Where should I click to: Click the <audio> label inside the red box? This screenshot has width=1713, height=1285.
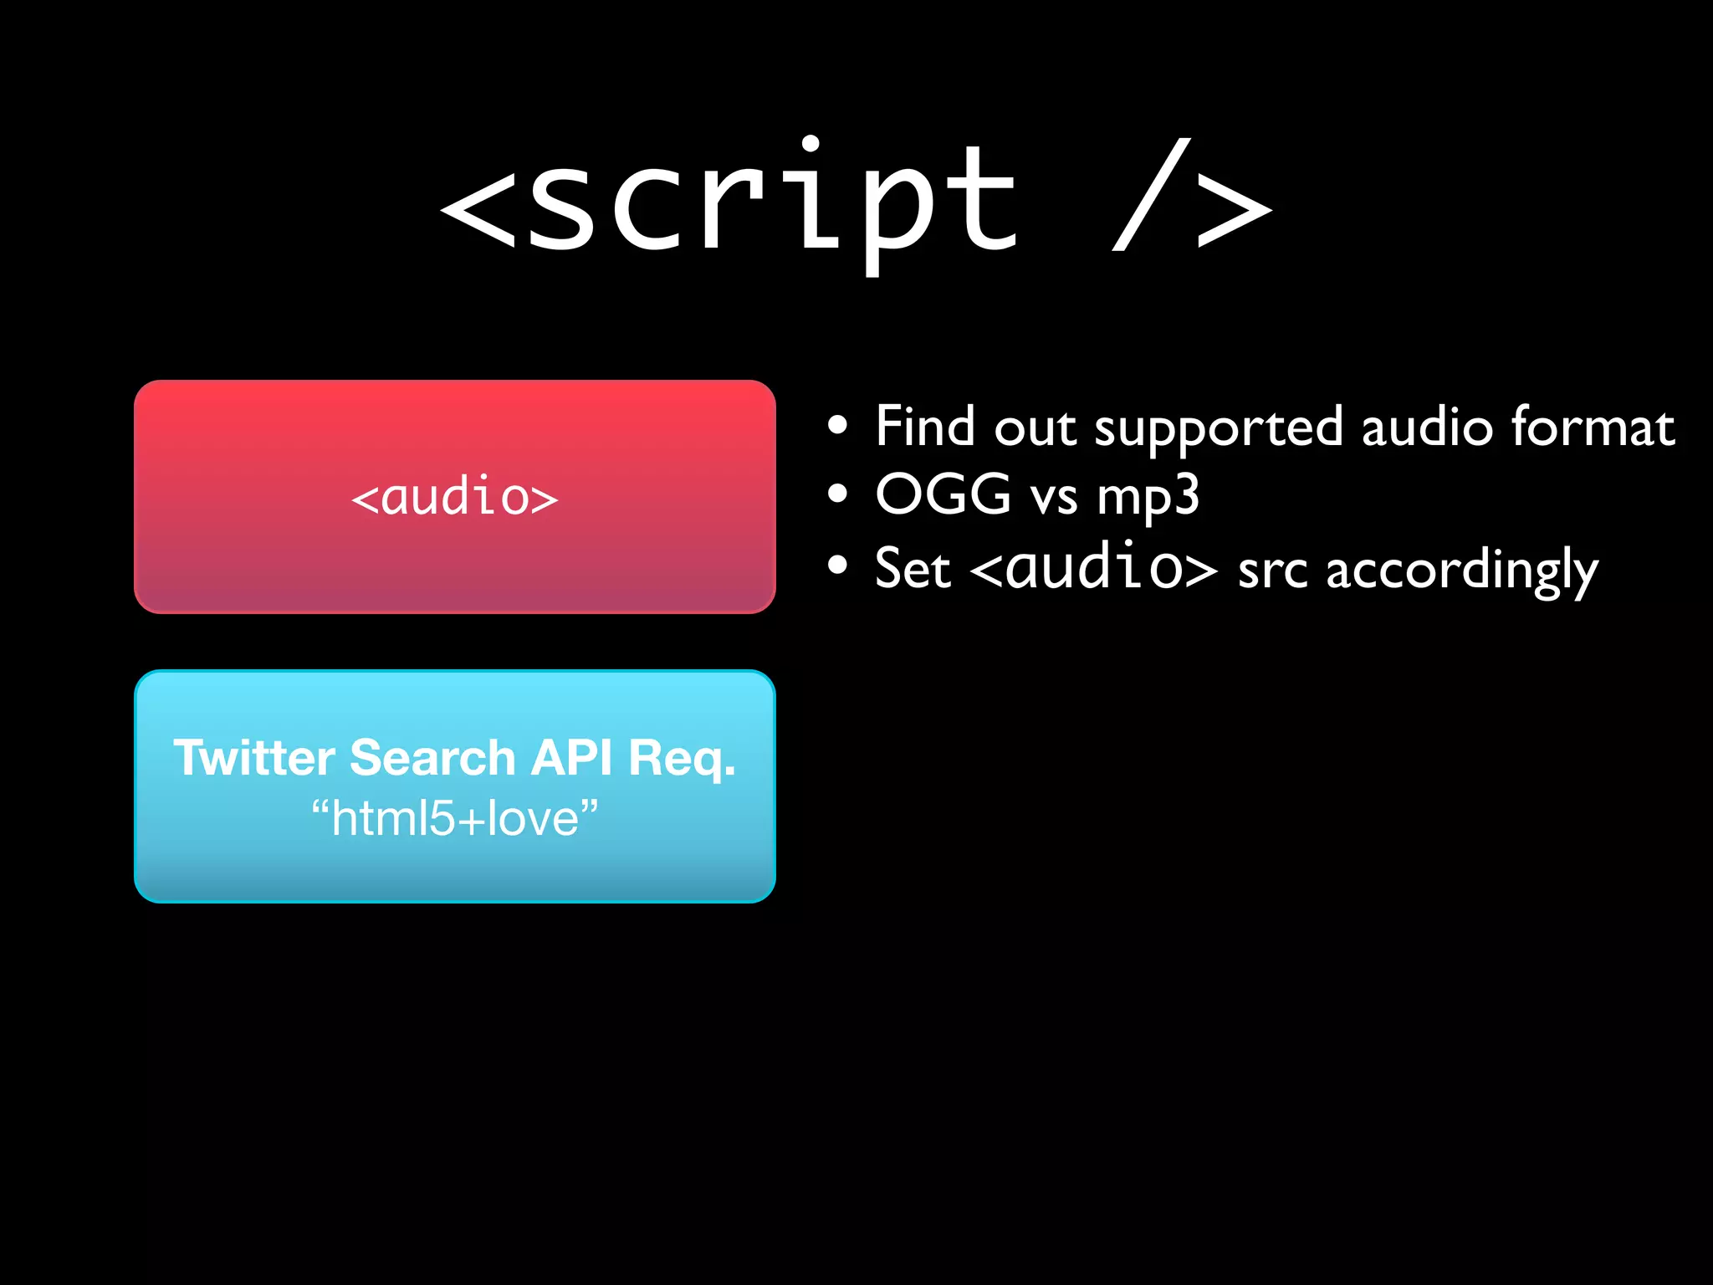point(454,497)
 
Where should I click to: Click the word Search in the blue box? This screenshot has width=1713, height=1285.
point(432,758)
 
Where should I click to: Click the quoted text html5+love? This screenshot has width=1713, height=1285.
point(454,818)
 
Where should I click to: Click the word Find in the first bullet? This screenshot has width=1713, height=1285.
point(924,427)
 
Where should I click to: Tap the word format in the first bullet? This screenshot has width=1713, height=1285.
point(1593,427)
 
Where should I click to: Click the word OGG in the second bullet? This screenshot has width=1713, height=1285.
point(943,494)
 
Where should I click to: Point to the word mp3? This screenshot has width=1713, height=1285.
point(1148,498)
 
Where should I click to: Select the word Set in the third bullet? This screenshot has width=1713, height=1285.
point(913,569)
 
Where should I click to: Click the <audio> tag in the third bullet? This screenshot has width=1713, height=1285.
point(1093,567)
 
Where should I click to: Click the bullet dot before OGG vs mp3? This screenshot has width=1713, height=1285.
point(837,494)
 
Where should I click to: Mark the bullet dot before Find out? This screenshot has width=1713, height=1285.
point(837,426)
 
